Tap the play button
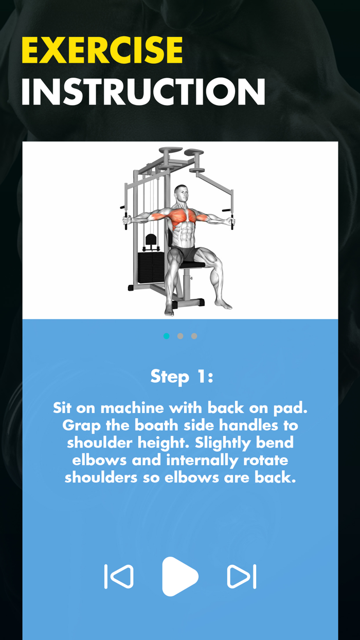pos(179,576)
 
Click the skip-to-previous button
pos(119,576)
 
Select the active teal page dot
pos(166,336)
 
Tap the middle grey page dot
pos(180,336)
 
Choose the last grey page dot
pos(194,336)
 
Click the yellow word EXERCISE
pos(102,50)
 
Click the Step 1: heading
pos(182,377)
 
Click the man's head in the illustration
pos(181,194)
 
